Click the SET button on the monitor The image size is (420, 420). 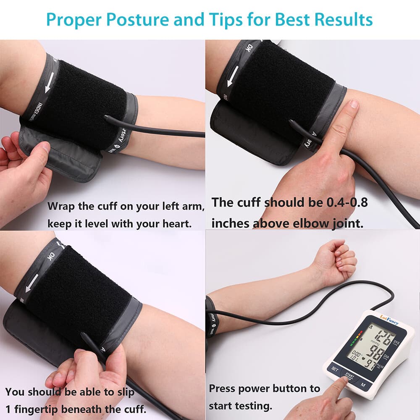point(335,369)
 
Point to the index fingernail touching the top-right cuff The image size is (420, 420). point(354,104)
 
